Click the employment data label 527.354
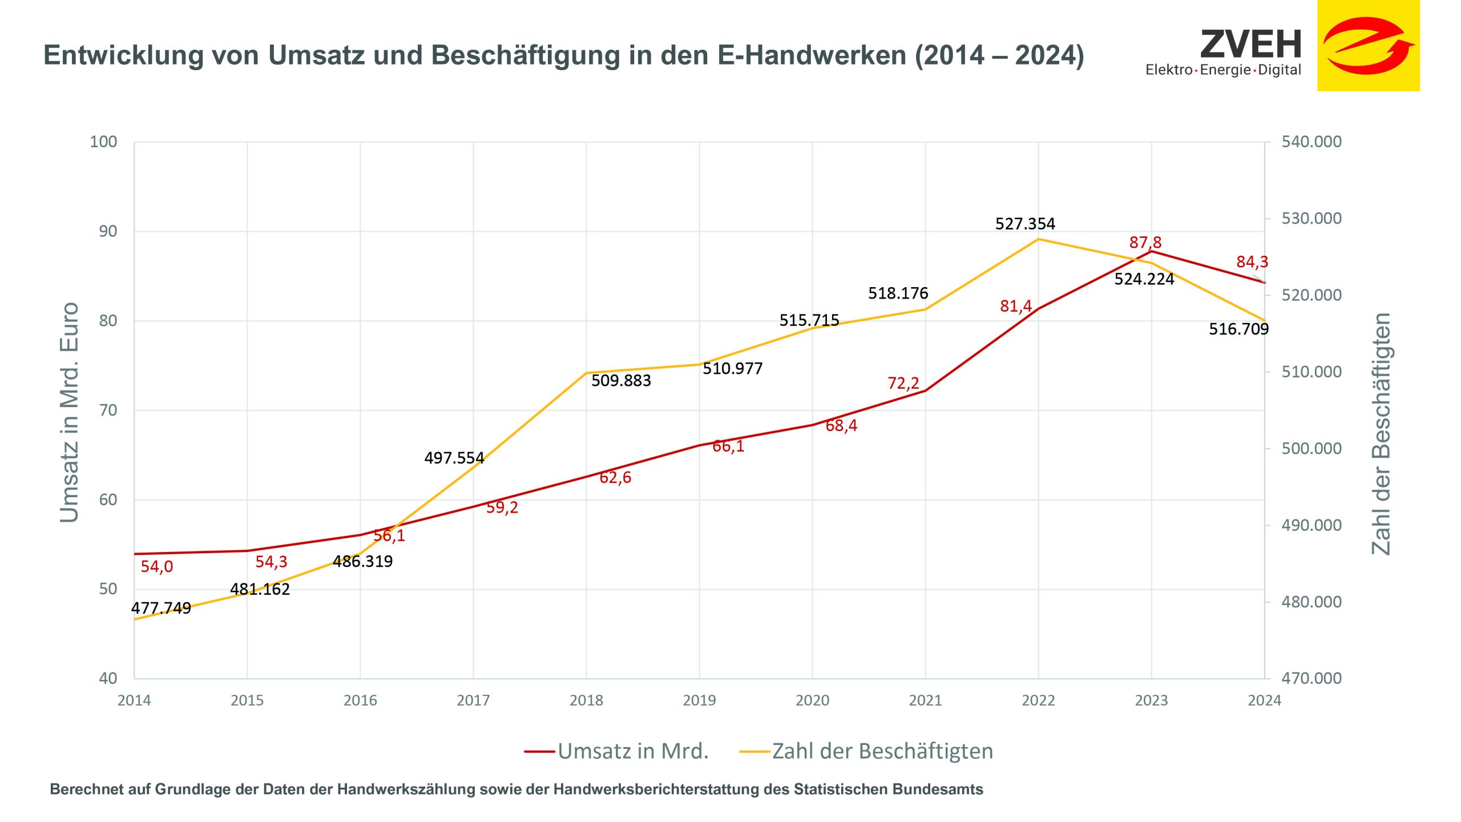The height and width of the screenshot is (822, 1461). (x=1025, y=224)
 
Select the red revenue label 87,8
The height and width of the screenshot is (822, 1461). (x=1145, y=243)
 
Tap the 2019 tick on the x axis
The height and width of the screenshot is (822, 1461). (x=699, y=700)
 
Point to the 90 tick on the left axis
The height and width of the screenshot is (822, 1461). (x=108, y=231)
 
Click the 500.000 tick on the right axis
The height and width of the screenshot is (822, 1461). (x=1311, y=449)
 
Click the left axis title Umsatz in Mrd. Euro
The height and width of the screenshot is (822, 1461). (x=70, y=412)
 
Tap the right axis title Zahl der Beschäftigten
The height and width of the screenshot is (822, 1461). (x=1381, y=434)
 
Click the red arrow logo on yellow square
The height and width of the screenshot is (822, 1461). (x=1368, y=46)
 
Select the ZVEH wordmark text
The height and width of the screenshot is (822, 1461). (x=1251, y=45)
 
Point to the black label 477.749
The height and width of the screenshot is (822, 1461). (x=161, y=608)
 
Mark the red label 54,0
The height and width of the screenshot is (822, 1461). (x=156, y=567)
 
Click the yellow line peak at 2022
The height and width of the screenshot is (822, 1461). (x=1038, y=239)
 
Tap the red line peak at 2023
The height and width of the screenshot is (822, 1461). (x=1151, y=251)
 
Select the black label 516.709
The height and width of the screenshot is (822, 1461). (x=1238, y=329)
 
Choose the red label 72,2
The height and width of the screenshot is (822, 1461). (x=903, y=383)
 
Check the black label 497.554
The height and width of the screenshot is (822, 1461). (x=454, y=458)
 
